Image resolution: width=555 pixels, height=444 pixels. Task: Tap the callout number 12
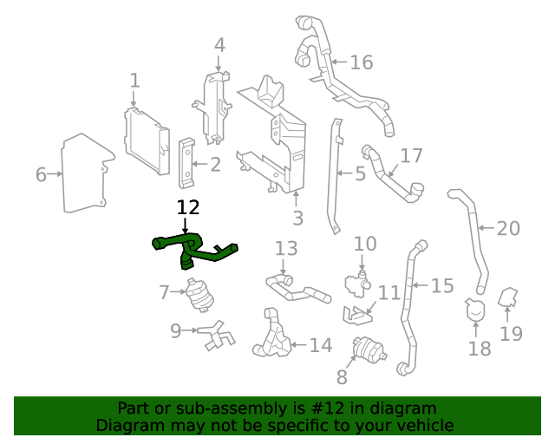tap(188, 208)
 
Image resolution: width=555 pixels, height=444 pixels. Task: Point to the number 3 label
tap(297, 219)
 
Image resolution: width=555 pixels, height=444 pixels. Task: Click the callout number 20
tap(508, 229)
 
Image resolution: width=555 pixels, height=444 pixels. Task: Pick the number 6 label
tap(41, 174)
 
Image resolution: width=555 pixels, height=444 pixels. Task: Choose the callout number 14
tap(321, 345)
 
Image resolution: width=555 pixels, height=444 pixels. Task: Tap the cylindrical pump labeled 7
tap(200, 295)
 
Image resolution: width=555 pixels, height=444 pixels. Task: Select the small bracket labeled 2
tap(186, 163)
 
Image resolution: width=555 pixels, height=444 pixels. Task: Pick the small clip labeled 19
tap(511, 299)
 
